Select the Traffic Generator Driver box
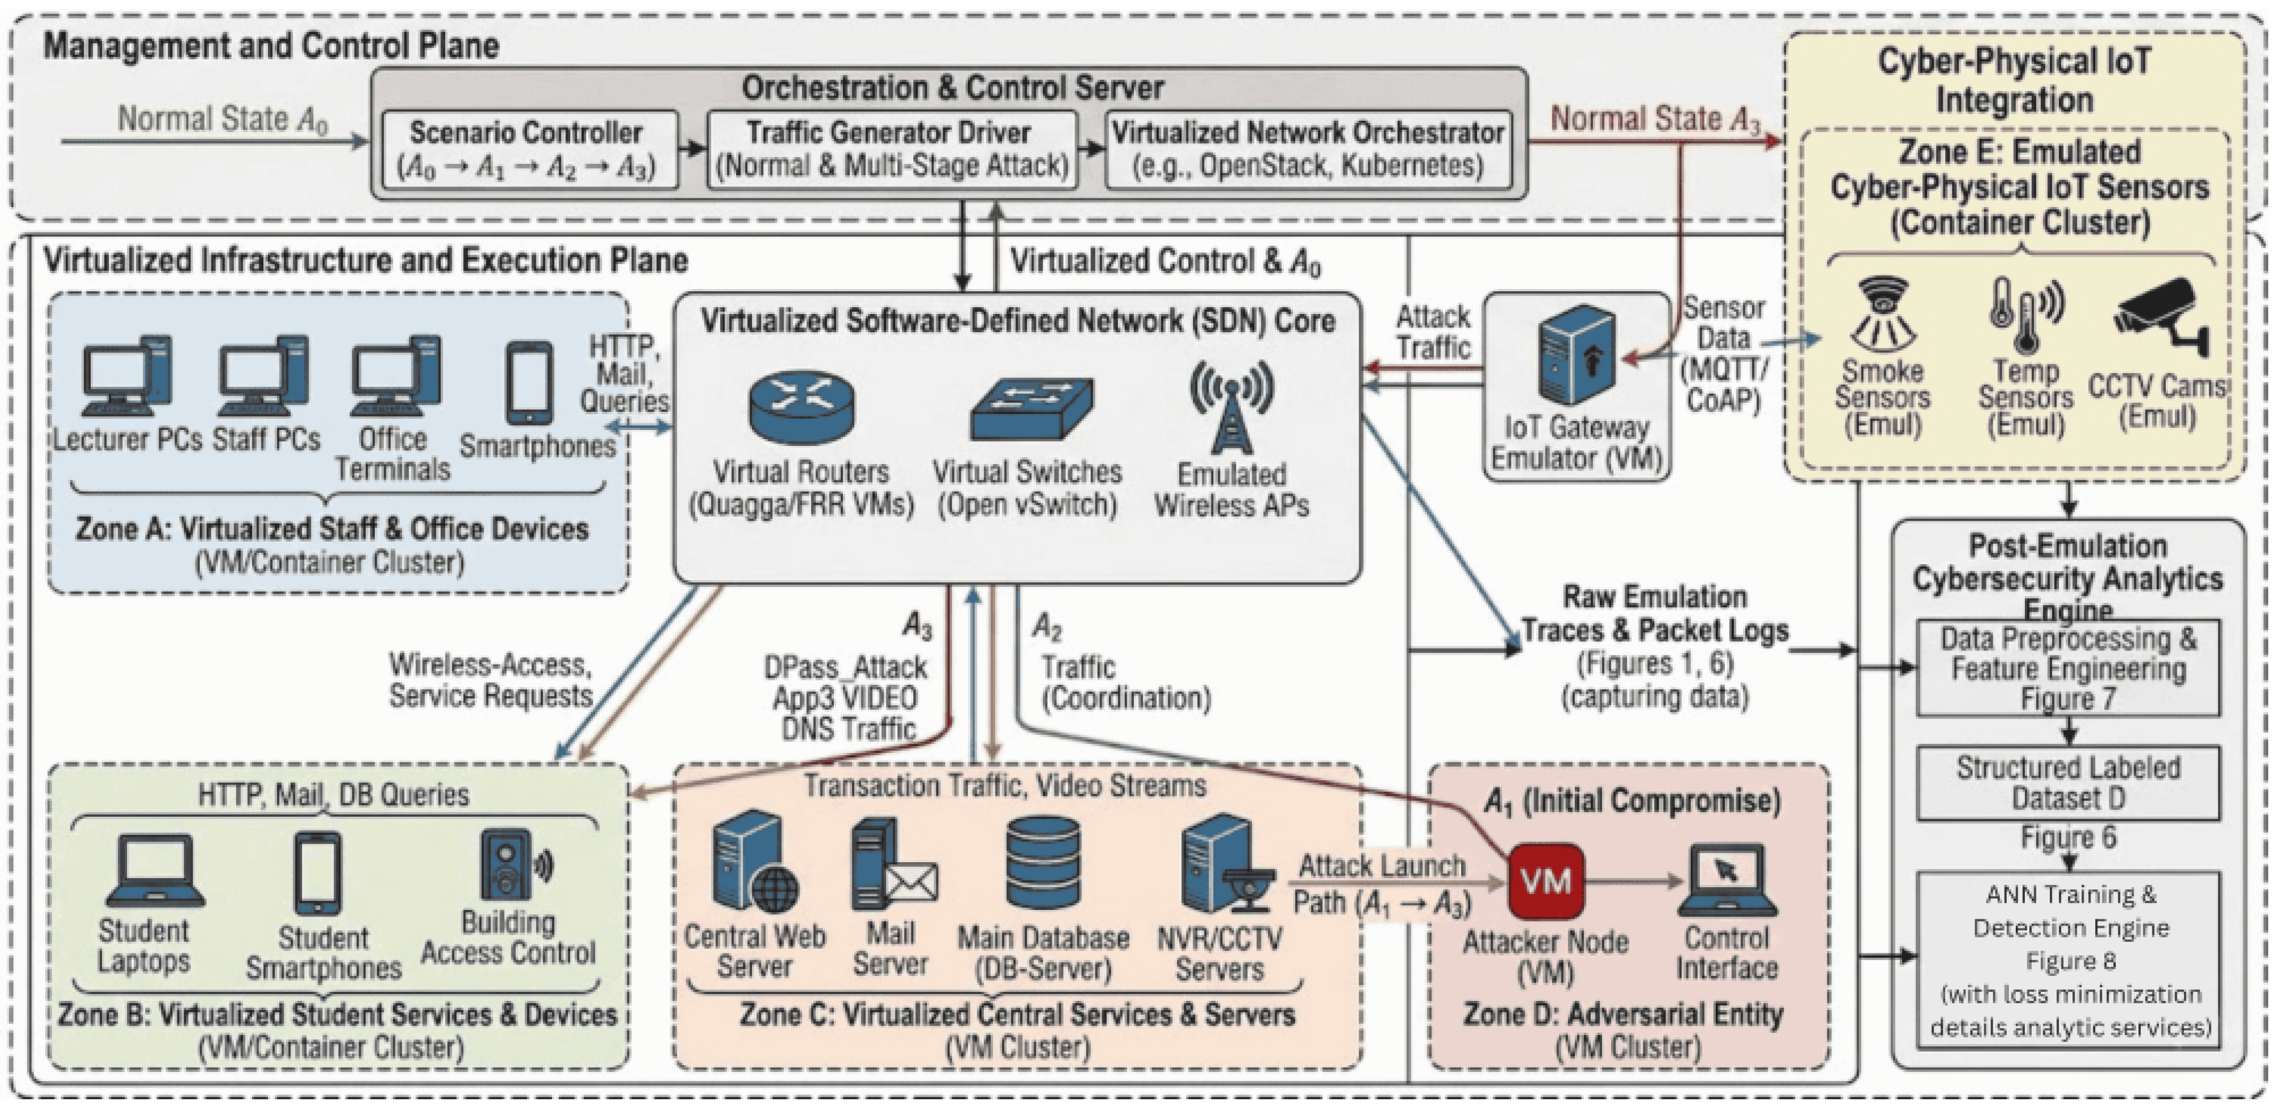click(x=892, y=148)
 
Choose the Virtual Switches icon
click(x=1032, y=409)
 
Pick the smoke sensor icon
click(x=1883, y=314)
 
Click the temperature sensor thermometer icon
click(x=2025, y=314)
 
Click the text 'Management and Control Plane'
click(x=271, y=46)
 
